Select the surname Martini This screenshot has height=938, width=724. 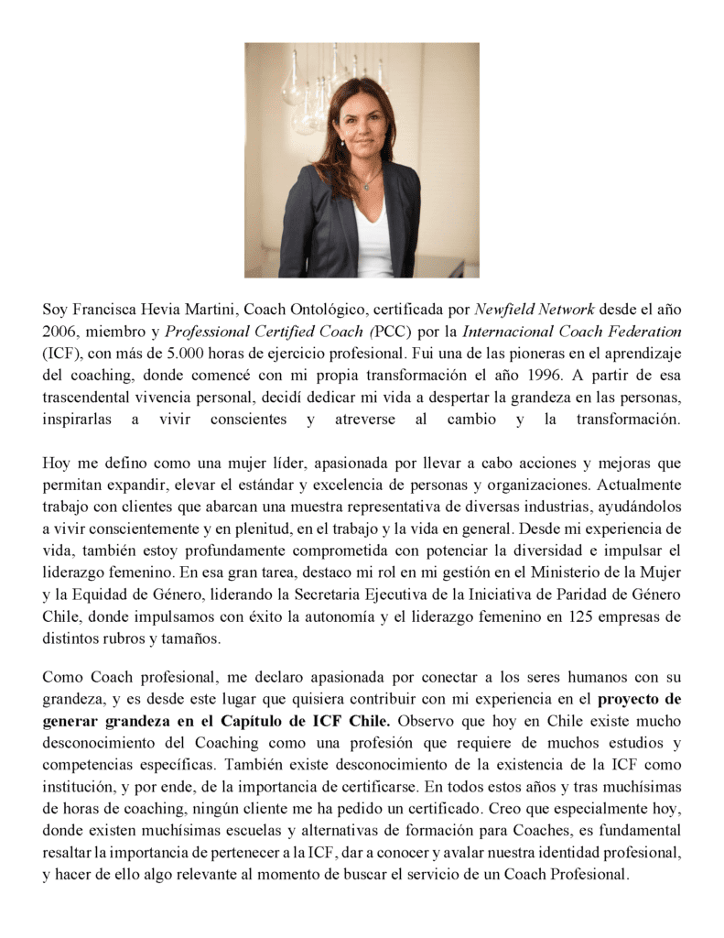tap(210, 309)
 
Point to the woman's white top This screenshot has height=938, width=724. tap(373, 238)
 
